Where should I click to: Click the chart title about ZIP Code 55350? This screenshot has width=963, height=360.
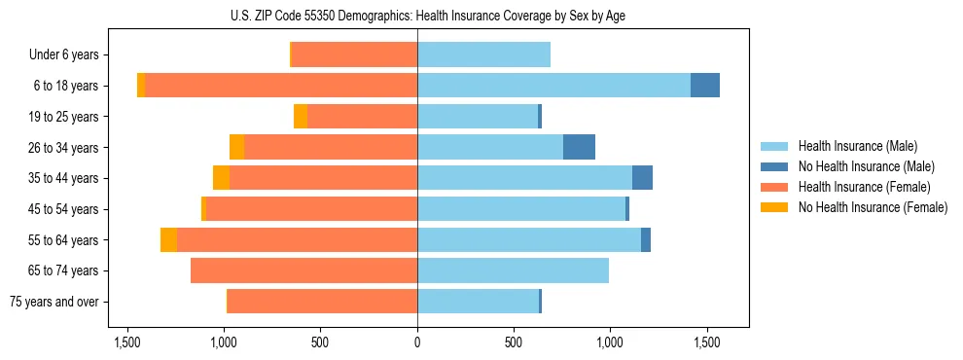coord(417,16)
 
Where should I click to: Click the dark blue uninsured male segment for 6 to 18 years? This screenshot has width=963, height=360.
coord(705,86)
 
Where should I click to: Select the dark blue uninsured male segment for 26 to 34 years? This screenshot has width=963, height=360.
coord(579,147)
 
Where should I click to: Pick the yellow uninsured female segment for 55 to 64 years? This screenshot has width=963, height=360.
coord(168,239)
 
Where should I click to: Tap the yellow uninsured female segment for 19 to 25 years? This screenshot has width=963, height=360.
coord(301,117)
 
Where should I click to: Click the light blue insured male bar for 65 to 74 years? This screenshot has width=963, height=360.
coord(513,270)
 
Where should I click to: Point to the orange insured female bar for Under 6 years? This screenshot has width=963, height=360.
coord(354,55)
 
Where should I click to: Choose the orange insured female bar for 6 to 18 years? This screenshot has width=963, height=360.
coord(281,86)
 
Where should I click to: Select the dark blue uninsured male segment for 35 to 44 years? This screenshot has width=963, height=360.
coord(642,178)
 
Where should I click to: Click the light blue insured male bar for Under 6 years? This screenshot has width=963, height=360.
coord(483,55)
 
